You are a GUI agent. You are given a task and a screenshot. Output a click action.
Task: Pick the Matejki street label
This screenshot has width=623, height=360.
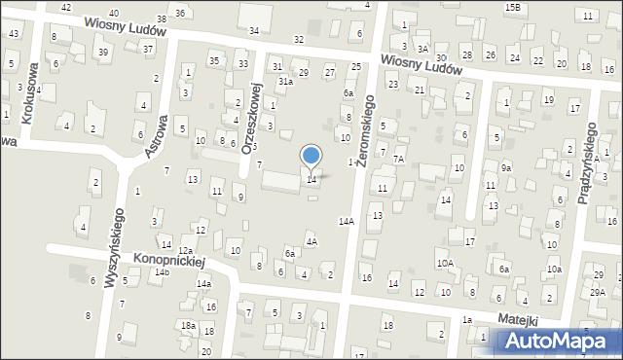(519, 318)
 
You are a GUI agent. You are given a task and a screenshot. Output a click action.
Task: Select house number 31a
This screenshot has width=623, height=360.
(285, 82)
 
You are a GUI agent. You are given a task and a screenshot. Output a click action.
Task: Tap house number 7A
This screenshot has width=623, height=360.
(398, 158)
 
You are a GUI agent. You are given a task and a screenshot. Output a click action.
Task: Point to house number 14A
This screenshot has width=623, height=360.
(346, 222)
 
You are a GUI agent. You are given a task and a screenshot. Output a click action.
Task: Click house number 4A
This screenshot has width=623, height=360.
(311, 241)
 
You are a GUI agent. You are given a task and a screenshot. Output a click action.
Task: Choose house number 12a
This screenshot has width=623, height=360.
(184, 251)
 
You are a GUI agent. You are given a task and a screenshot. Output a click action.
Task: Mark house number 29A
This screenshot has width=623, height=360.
(598, 292)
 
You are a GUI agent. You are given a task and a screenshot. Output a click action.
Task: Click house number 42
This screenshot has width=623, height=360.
(66, 7)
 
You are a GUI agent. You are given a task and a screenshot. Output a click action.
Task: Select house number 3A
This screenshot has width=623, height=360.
(422, 48)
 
